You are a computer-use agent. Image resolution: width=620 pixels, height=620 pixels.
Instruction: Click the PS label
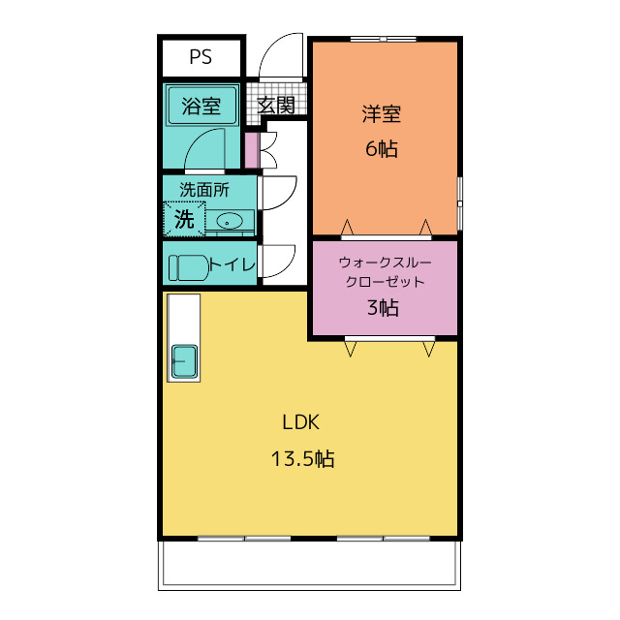[x=201, y=56]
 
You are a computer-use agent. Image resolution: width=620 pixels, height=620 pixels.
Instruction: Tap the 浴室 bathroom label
[x=201, y=106]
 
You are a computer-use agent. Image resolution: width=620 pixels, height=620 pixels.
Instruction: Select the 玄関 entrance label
[x=276, y=105]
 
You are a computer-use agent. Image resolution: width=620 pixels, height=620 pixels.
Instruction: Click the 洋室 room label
[x=382, y=114]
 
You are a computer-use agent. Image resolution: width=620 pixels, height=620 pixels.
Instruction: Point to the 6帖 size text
[x=382, y=149]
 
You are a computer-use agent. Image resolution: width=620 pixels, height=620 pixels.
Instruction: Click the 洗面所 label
[x=204, y=190]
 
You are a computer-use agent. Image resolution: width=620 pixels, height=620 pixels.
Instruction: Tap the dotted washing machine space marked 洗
[x=185, y=219]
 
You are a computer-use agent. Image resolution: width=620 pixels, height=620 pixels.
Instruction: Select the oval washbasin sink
[x=229, y=222]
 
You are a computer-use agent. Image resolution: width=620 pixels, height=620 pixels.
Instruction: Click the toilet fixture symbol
[x=189, y=267]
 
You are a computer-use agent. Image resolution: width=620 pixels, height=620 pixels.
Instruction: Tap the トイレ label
[x=232, y=264]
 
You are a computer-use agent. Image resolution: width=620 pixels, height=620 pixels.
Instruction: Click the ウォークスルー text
[x=385, y=263]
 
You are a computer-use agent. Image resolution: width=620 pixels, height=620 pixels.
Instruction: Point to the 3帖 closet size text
[x=383, y=307]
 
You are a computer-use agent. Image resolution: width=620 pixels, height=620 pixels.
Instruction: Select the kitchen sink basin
[x=184, y=360]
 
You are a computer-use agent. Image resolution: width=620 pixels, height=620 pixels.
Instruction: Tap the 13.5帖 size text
[x=303, y=459]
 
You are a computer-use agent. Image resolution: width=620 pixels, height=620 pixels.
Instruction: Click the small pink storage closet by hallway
[x=252, y=150]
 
